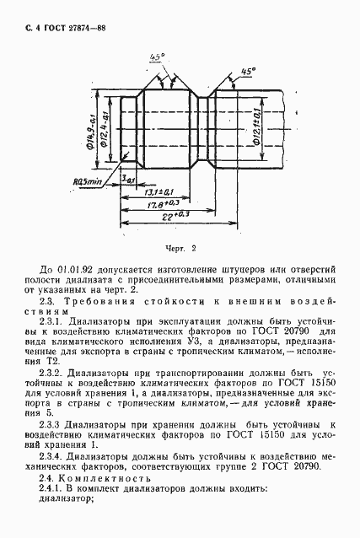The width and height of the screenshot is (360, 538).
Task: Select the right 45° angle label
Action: point(247,73)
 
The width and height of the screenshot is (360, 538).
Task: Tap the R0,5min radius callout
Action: point(86,181)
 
